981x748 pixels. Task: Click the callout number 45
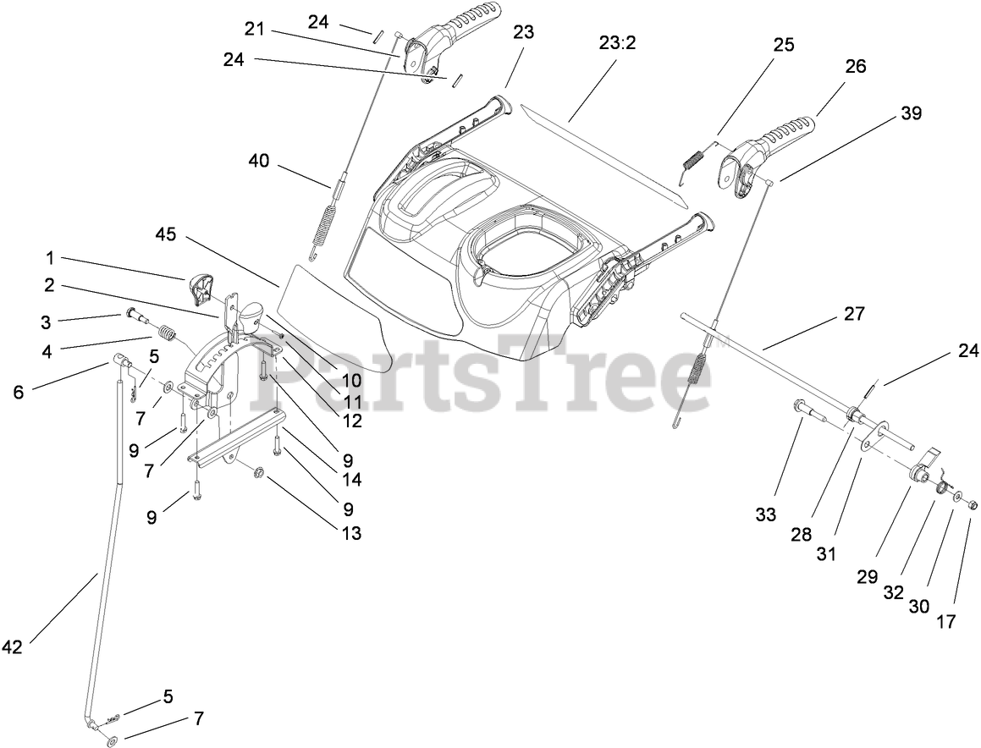(x=165, y=234)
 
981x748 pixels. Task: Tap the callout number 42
(x=12, y=647)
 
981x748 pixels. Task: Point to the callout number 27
(x=854, y=314)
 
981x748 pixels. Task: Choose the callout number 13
(x=350, y=533)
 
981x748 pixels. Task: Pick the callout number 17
(x=945, y=622)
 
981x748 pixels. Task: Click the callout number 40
(x=259, y=160)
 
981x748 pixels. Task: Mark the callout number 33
(x=765, y=514)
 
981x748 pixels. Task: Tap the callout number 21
(x=255, y=30)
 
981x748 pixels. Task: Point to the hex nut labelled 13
(x=260, y=470)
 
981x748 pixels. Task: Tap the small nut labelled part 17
(x=972, y=505)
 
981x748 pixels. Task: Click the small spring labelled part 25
(x=693, y=161)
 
